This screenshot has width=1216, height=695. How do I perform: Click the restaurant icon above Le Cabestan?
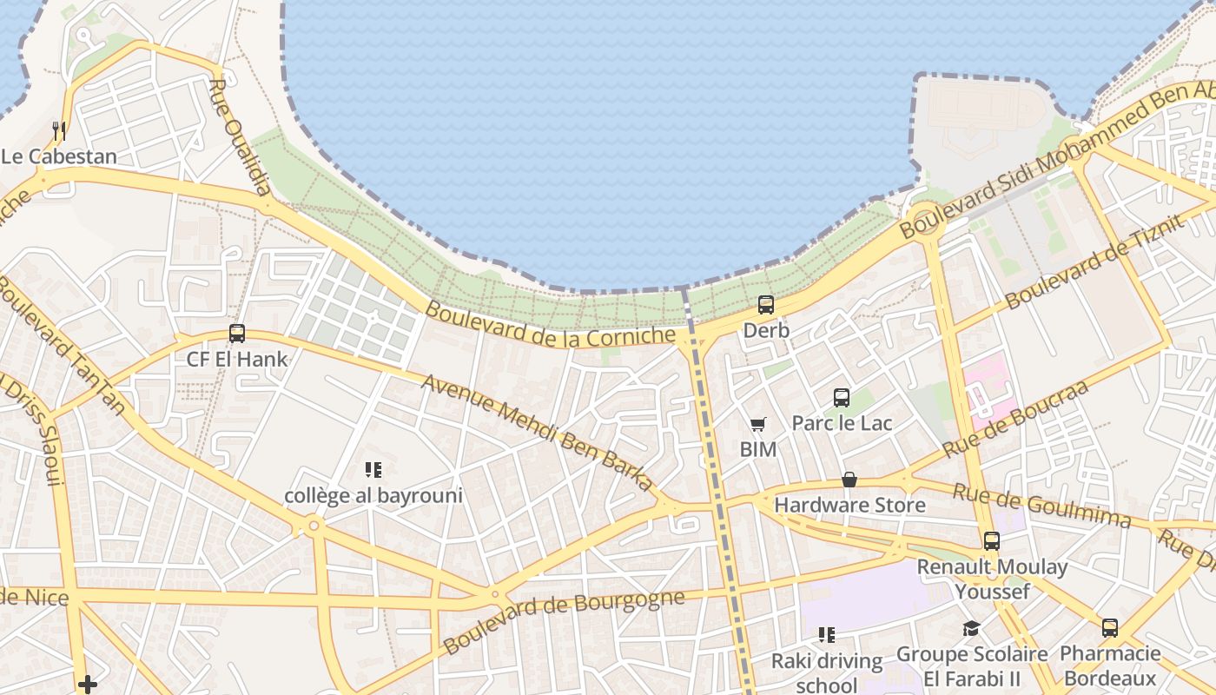coord(59,131)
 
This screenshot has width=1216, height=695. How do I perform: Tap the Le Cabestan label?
coord(58,157)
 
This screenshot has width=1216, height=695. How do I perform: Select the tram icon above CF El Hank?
coord(236,333)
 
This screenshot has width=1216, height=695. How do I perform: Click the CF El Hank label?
coord(236,358)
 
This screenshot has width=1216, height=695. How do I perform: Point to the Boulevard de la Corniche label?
coord(550,324)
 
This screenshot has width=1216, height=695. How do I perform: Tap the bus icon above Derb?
coord(765,305)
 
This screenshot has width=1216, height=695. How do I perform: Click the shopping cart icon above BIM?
coord(757,425)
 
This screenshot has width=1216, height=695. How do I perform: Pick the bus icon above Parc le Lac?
coord(841,398)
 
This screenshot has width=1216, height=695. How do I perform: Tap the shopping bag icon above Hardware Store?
coord(849,480)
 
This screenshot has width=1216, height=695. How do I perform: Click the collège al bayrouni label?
coord(373,496)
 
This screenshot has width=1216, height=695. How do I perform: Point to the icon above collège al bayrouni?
coord(373,471)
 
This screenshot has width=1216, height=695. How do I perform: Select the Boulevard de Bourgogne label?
coord(564,620)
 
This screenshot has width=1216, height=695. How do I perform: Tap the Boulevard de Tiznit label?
coord(1095,261)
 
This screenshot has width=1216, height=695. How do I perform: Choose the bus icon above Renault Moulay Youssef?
coord(992,541)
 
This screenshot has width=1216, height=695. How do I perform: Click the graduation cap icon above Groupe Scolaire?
coord(971,628)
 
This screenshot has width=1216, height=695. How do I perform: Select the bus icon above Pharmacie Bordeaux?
coord(1110,628)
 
